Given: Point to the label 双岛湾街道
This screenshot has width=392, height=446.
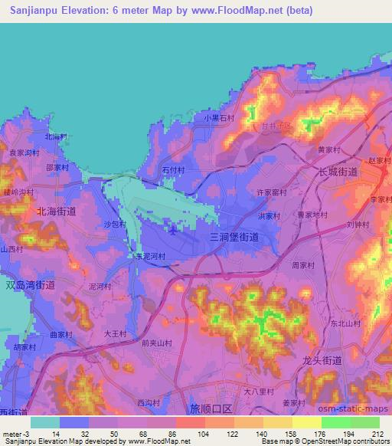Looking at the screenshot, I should [x=31, y=284].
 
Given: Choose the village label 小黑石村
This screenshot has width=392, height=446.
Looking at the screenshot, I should [x=219, y=118].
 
